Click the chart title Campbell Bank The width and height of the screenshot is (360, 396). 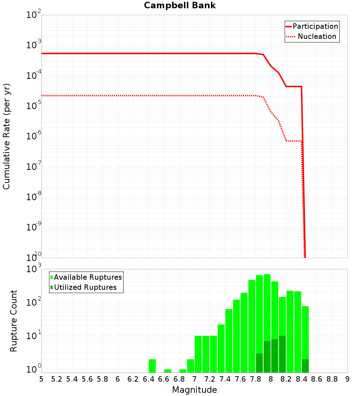coord(180,5)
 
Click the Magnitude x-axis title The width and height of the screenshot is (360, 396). coord(194,390)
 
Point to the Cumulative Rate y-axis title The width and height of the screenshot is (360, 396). coord(6,136)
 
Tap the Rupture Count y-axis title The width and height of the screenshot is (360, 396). coord(14,321)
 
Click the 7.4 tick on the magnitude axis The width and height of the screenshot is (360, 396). coord(225,379)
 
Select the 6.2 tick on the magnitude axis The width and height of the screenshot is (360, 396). coord(133,379)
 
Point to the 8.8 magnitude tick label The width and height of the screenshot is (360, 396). coord(332,379)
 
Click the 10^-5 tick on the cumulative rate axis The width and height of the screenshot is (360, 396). coord(34,106)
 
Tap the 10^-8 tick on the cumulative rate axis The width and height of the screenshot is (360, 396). coord(34,197)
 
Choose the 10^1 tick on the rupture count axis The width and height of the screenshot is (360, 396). coord(35,337)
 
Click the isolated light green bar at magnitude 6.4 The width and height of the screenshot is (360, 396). coord(152,366)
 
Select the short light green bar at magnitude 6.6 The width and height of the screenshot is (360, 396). coord(167,371)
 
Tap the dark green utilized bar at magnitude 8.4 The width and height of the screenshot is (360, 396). coord(305,366)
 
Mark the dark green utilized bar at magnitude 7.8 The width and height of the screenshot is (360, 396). coord(259,363)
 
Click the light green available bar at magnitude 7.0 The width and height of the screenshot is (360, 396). coord(198,354)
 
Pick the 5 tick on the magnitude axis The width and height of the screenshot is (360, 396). coord(41,379)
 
